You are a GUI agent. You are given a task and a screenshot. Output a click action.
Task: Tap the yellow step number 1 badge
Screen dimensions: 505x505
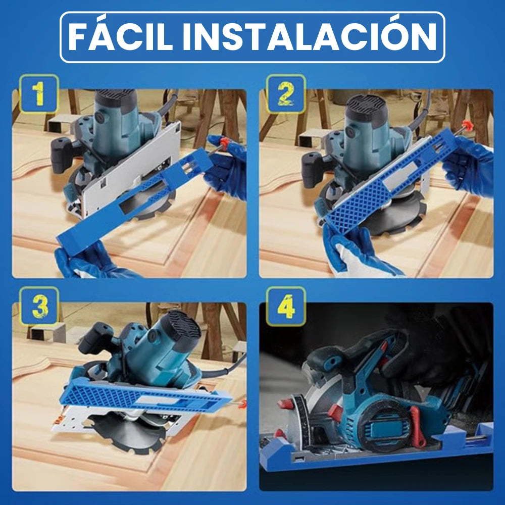click(38, 94)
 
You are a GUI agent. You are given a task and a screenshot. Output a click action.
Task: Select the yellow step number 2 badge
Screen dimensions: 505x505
click(286, 94)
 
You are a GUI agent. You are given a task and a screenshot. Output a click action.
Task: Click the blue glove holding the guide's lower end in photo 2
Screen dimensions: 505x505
click(353, 252)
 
